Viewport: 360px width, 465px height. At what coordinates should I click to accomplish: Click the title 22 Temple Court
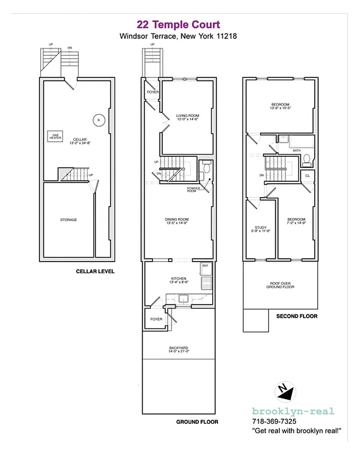178,24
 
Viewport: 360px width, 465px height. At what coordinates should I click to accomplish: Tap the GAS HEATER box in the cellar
56,137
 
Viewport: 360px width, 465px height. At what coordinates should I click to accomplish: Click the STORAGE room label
68,220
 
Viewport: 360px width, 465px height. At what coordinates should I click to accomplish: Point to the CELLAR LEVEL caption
95,271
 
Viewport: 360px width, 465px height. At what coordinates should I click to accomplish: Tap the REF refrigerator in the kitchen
205,268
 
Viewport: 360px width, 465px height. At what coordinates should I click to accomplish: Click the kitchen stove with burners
205,283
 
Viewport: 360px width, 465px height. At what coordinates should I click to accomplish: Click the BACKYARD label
179,349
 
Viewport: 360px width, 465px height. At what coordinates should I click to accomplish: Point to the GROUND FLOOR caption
197,421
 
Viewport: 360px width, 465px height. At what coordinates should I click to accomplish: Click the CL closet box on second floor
308,174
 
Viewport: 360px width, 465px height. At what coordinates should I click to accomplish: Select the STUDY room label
260,228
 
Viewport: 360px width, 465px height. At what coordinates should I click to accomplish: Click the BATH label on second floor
297,151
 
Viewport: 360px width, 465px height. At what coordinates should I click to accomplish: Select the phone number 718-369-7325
274,421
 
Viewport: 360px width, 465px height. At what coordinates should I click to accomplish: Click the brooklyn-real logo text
293,411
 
